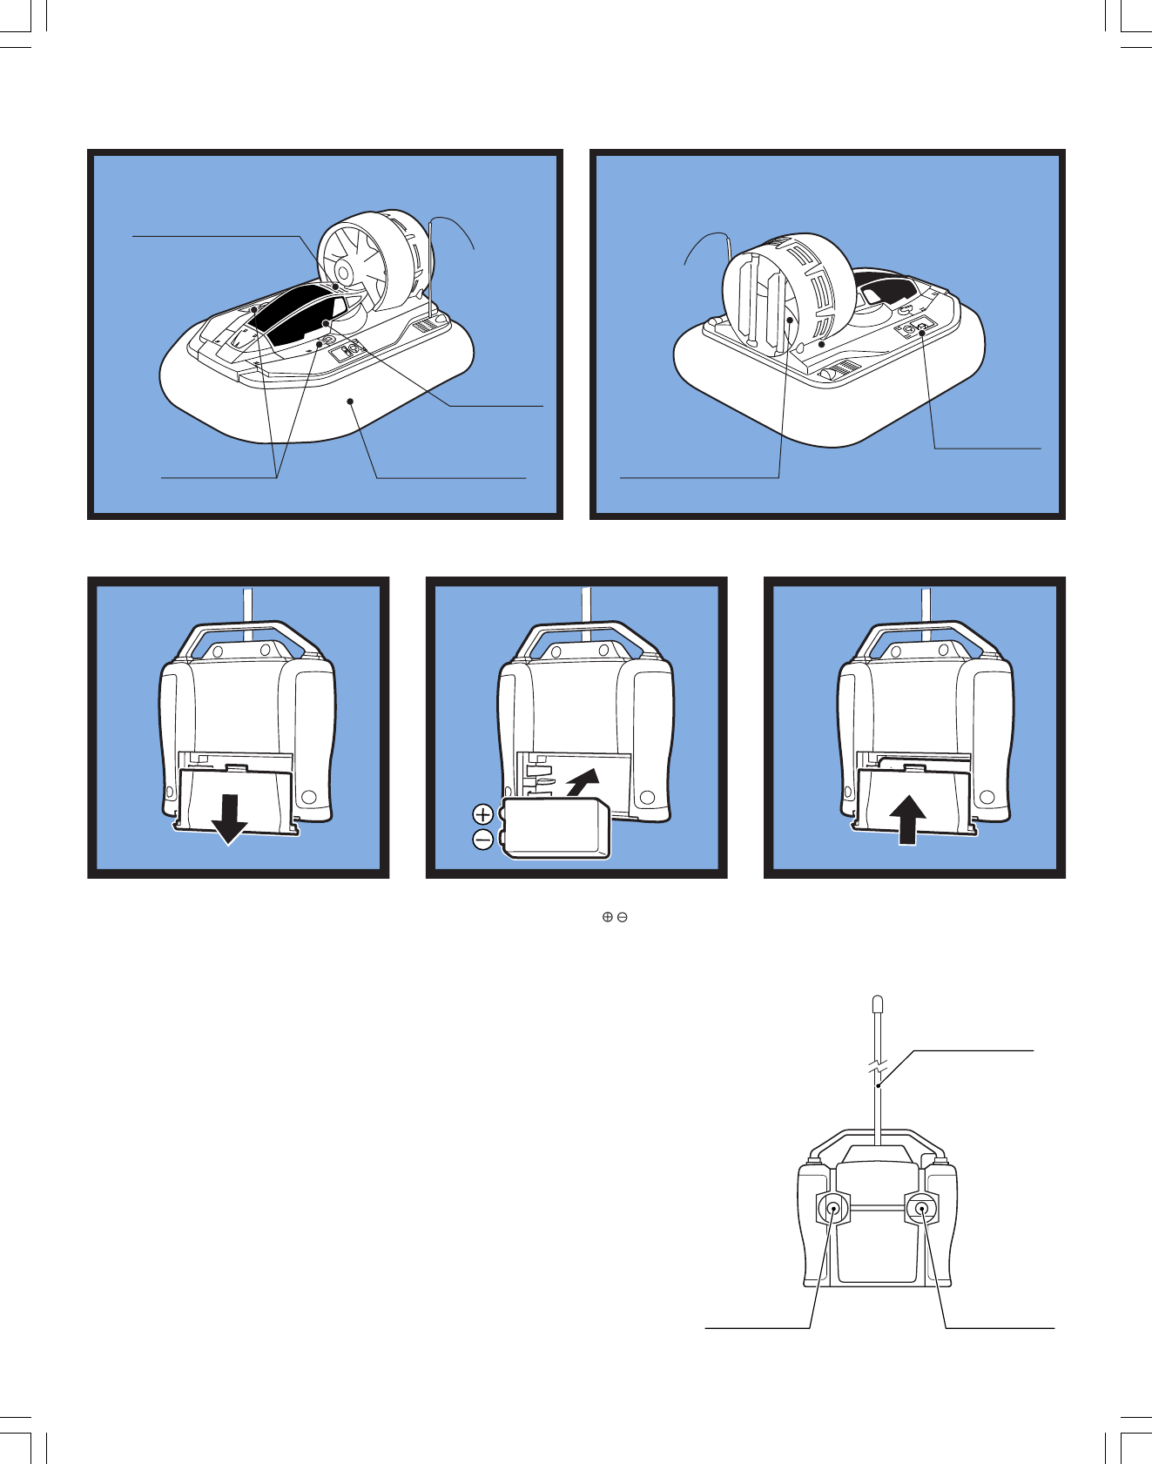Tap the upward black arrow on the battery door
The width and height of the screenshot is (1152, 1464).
pyautogui.click(x=907, y=819)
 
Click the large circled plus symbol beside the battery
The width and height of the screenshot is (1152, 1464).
pyautogui.click(x=483, y=814)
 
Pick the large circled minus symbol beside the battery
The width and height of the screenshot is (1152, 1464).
pyautogui.click(x=483, y=840)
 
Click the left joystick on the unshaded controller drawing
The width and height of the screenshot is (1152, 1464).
pyautogui.click(x=832, y=1209)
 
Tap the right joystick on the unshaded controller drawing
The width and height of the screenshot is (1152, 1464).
pyautogui.click(x=921, y=1209)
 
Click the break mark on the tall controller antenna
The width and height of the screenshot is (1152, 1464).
pyautogui.click(x=879, y=1067)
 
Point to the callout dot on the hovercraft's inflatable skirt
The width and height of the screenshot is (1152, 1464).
pyautogui.click(x=350, y=401)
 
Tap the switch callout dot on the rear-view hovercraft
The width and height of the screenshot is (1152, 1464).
pyautogui.click(x=921, y=329)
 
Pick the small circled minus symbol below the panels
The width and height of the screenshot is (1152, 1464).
pyautogui.click(x=623, y=917)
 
